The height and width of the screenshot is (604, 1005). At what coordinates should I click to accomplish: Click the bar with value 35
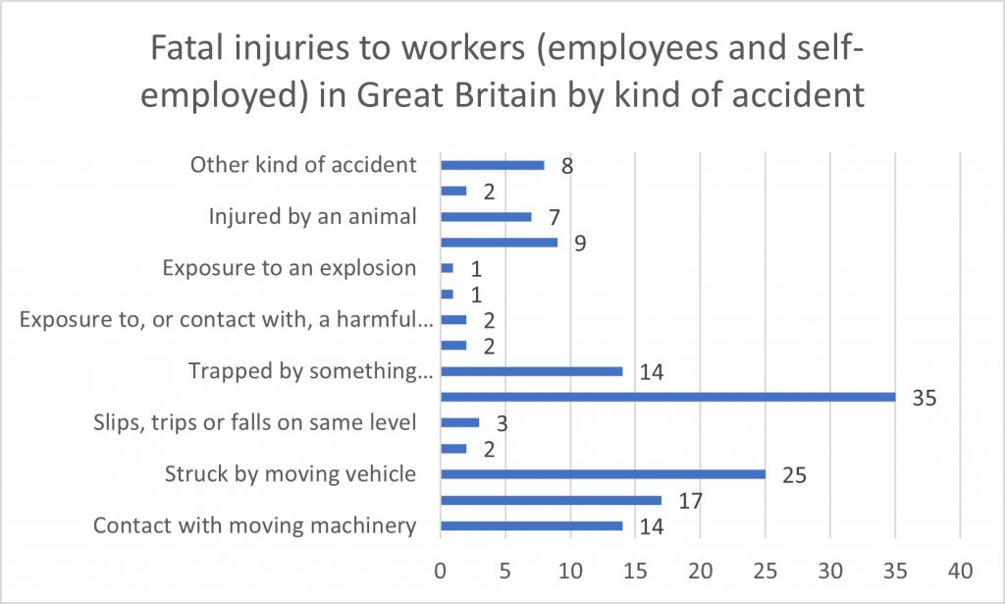pyautogui.click(x=667, y=397)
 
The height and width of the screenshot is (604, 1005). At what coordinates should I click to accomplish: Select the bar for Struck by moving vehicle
pyautogui.click(x=603, y=474)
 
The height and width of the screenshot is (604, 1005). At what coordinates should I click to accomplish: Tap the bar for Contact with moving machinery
pyautogui.click(x=531, y=525)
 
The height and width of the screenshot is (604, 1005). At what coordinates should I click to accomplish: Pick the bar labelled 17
pyautogui.click(x=551, y=500)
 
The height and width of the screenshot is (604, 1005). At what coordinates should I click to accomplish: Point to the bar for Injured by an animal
pyautogui.click(x=486, y=216)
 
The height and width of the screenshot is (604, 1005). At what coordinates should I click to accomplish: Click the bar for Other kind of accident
pyautogui.click(x=492, y=165)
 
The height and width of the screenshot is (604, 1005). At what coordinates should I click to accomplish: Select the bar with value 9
pyautogui.click(x=499, y=242)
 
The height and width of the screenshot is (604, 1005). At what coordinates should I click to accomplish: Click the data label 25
pyautogui.click(x=794, y=476)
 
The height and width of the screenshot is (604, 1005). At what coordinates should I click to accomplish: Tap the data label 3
pyautogui.click(x=500, y=425)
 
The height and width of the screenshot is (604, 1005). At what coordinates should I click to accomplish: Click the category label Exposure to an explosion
pyautogui.click(x=290, y=268)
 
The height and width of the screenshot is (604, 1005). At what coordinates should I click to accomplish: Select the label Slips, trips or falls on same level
pyautogui.click(x=254, y=423)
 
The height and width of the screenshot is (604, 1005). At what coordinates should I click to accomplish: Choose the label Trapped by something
pyautogui.click(x=309, y=371)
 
